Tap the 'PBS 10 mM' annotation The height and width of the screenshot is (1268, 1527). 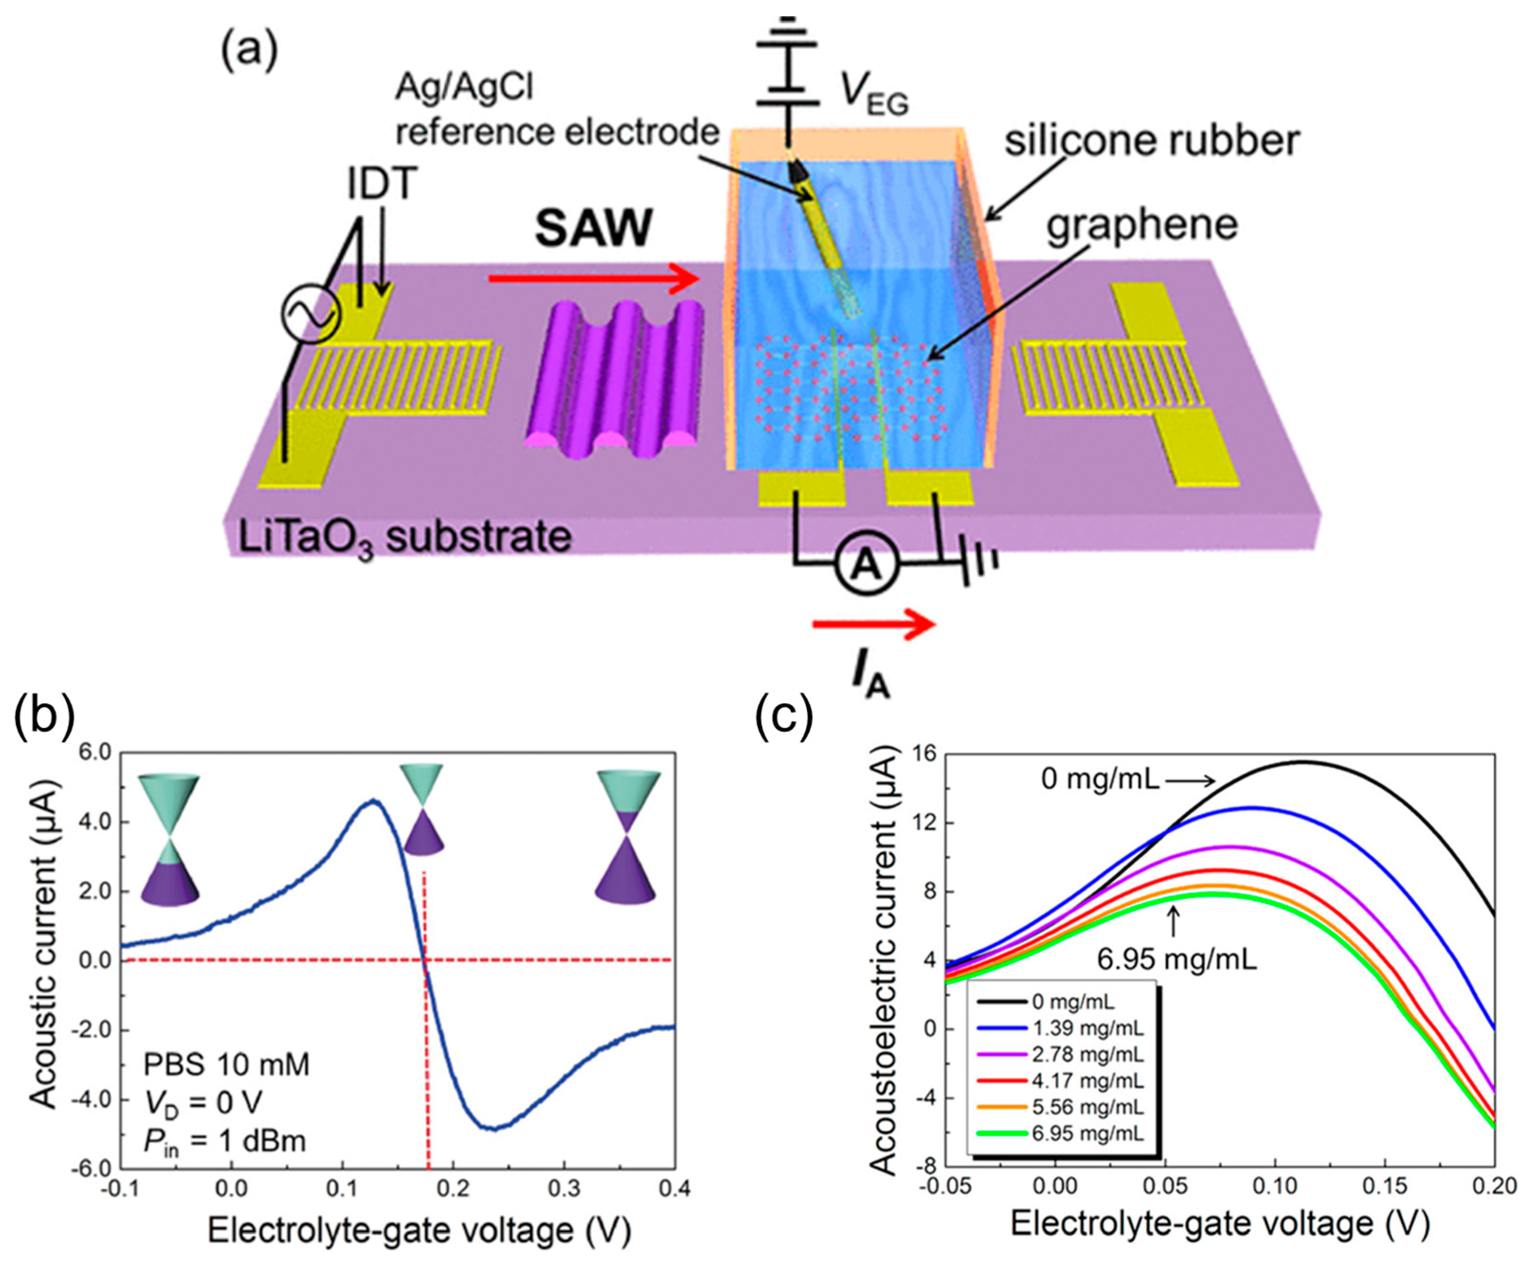pos(226,1064)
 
